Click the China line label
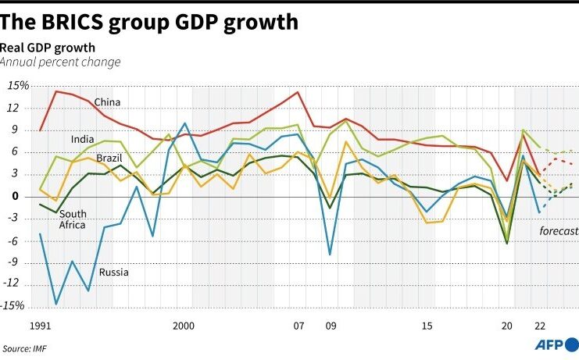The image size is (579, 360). pos(106,102)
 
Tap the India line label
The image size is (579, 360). pos(82,140)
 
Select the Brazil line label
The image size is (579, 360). pos(109,159)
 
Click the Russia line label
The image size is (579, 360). pos(113,273)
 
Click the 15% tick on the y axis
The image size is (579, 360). pos(18,85)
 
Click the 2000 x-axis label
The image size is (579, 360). pos(184,324)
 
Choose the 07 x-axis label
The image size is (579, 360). pos(298,324)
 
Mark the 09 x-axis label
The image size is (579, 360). pos(330,324)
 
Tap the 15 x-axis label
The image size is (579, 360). pos(427,324)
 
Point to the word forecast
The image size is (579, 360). pos(558,231)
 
